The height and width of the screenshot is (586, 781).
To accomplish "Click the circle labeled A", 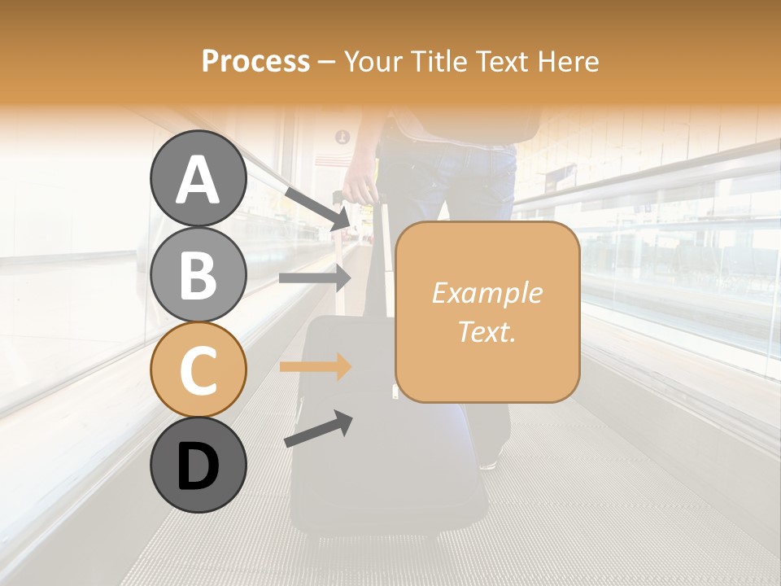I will tap(199, 179).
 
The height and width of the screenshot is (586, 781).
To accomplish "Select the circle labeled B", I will tap(199, 275).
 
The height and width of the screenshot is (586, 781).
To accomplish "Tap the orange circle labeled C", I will tap(199, 370).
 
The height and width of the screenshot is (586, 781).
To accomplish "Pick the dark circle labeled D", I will tap(199, 466).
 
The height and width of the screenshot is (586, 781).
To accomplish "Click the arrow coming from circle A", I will tap(318, 208).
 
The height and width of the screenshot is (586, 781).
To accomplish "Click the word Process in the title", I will tap(255, 61).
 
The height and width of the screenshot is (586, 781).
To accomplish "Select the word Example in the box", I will tap(487, 293).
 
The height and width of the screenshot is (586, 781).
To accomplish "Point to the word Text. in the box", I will tap(487, 331).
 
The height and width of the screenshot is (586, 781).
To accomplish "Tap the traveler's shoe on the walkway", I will tap(489, 462).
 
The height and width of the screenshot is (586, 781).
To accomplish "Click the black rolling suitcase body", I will tap(358, 456).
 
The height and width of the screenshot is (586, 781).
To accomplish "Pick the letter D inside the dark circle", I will tap(199, 467).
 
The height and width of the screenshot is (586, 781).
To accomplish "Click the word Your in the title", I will tap(373, 61).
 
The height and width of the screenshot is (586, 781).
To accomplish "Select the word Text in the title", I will tap(499, 61).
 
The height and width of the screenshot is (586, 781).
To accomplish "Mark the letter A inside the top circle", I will tap(199, 181).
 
